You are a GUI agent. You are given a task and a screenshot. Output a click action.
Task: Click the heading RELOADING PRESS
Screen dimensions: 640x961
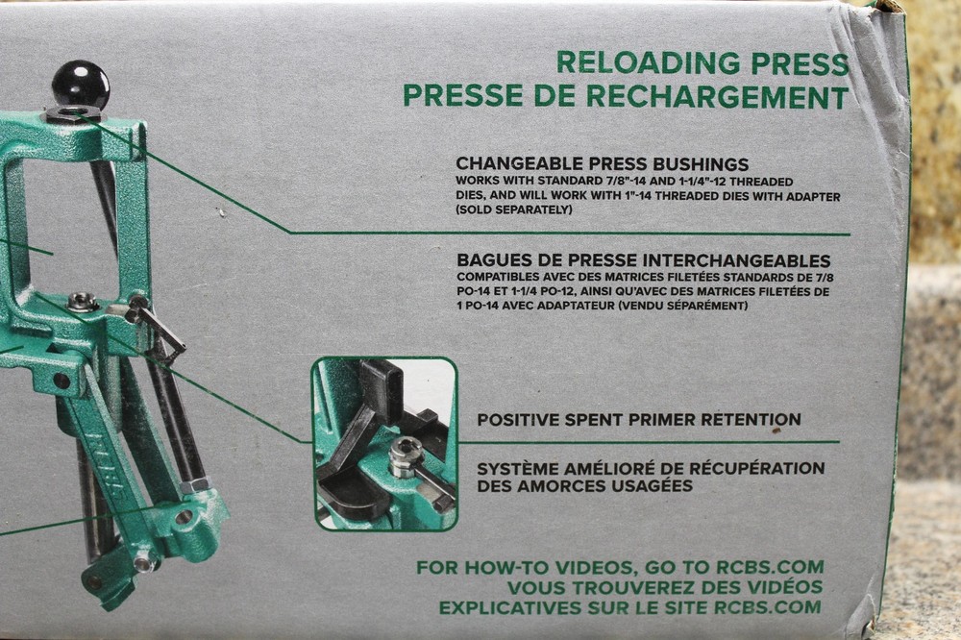pos(702,63)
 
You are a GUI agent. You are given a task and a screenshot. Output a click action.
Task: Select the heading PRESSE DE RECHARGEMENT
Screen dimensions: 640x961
pos(626,96)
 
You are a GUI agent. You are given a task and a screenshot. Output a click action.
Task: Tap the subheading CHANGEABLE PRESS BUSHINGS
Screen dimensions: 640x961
pos(602,164)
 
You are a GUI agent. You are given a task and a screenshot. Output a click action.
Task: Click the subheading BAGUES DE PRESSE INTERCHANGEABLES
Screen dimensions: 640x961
pos(643,260)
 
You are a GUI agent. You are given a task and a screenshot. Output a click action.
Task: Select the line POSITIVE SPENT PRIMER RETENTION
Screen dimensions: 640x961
pos(639,420)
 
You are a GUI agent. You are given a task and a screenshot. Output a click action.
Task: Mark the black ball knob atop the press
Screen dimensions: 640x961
pos(80,85)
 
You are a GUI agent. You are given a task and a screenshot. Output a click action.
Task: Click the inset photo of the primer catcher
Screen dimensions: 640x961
pos(384,443)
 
